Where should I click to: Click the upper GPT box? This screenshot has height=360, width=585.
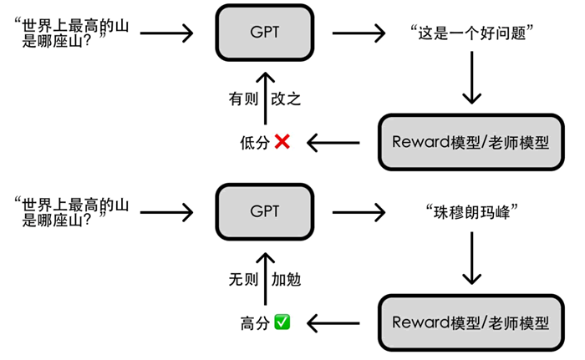[x=265, y=33]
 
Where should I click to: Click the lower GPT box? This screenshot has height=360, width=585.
[x=265, y=211]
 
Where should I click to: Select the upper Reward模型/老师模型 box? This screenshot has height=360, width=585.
[x=471, y=142]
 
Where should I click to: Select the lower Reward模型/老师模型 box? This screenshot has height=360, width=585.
[x=471, y=322]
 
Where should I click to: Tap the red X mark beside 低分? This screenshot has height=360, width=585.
[x=282, y=142]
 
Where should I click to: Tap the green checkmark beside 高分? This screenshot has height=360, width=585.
[x=282, y=322]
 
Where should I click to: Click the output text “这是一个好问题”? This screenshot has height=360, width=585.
[x=471, y=33]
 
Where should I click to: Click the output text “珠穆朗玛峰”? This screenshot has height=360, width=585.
[x=471, y=212]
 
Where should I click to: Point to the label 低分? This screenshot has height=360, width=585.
[x=255, y=143]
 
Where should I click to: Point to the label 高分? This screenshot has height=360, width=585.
[x=255, y=323]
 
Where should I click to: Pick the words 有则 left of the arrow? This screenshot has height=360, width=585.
[x=243, y=99]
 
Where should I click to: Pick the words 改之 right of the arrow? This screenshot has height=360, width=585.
[x=286, y=99]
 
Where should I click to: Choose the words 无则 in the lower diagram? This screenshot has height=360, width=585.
[x=243, y=280]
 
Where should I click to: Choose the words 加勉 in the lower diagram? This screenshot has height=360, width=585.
[x=286, y=280]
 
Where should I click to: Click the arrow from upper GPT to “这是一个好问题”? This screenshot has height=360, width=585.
[x=359, y=33]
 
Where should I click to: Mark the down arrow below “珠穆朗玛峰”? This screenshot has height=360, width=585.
[x=472, y=258]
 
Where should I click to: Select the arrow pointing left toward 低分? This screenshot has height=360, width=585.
[x=333, y=143]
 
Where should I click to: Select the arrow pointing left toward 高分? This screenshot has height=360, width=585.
[x=333, y=323]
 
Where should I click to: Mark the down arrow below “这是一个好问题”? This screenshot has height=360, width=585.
[x=472, y=78]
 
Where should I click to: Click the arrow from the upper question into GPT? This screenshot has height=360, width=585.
[x=167, y=33]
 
